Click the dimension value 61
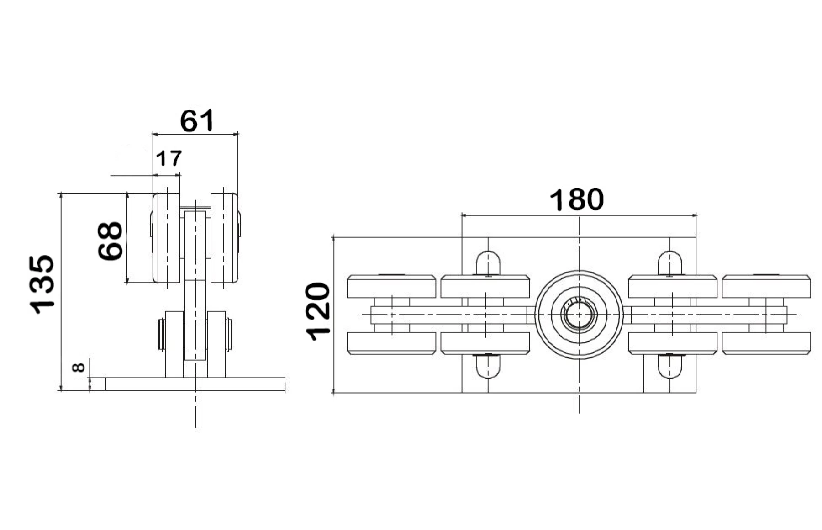click(197, 121)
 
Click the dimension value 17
click(169, 159)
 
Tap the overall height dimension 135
click(42, 284)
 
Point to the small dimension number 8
click(79, 367)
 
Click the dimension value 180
click(576, 200)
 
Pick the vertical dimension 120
click(318, 312)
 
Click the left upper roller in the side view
click(166, 238)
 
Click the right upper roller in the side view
click(224, 238)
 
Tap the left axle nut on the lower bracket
click(161, 335)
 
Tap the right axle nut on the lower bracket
click(229, 335)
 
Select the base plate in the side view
click(195, 384)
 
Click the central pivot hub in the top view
click(579, 315)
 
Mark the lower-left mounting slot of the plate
click(488, 366)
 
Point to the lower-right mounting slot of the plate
click(669, 366)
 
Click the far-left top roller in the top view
click(391, 286)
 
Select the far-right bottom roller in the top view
click(766, 343)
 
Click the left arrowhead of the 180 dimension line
click(464, 215)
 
